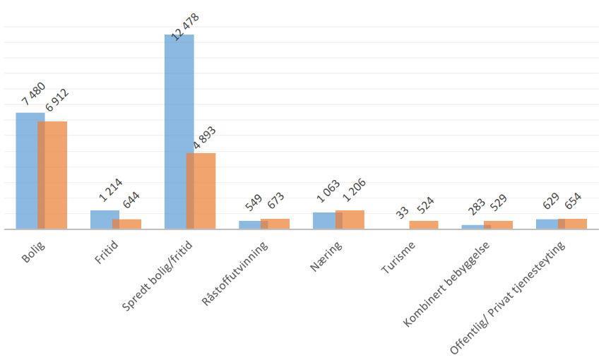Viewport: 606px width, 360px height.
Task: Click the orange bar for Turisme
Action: point(424,224)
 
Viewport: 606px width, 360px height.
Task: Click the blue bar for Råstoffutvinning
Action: point(249,224)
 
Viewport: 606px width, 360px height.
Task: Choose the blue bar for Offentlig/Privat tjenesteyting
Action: point(546,224)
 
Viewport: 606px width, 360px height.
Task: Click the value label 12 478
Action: point(186,27)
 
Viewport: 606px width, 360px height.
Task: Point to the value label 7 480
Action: point(33,94)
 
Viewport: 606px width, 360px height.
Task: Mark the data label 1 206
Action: point(352,192)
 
